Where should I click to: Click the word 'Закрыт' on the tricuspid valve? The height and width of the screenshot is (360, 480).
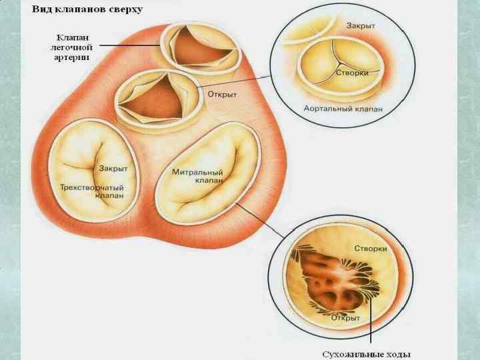[x=113, y=169]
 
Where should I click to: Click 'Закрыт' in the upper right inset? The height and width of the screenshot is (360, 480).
[x=360, y=25]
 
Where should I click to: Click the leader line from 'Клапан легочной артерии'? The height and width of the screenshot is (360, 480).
[x=133, y=45]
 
